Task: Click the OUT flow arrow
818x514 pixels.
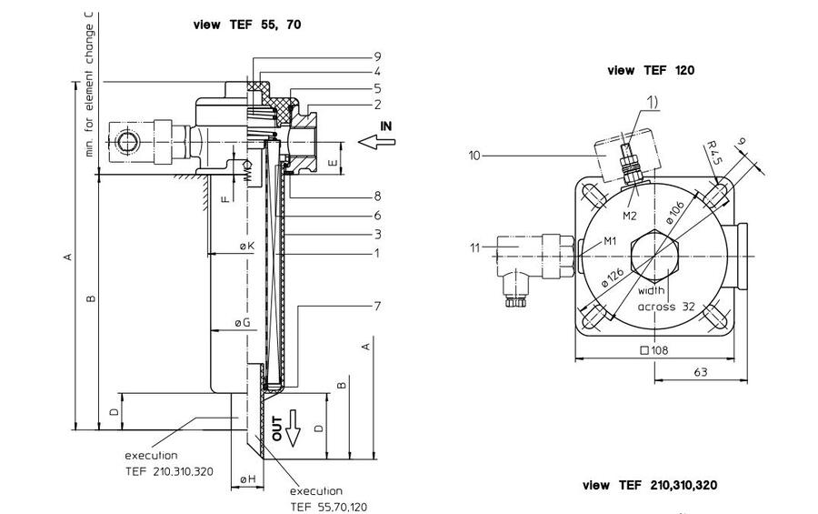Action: coord(292,427)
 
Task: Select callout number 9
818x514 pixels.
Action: coord(376,55)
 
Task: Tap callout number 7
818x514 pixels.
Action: coord(376,306)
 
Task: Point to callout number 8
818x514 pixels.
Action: coord(376,196)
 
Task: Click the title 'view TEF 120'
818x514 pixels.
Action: coord(651,70)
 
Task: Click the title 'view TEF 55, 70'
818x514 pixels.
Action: coord(246,25)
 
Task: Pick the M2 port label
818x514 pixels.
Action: coord(629,216)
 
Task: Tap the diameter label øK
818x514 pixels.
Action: coord(246,247)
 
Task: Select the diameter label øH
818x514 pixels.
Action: coord(246,479)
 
